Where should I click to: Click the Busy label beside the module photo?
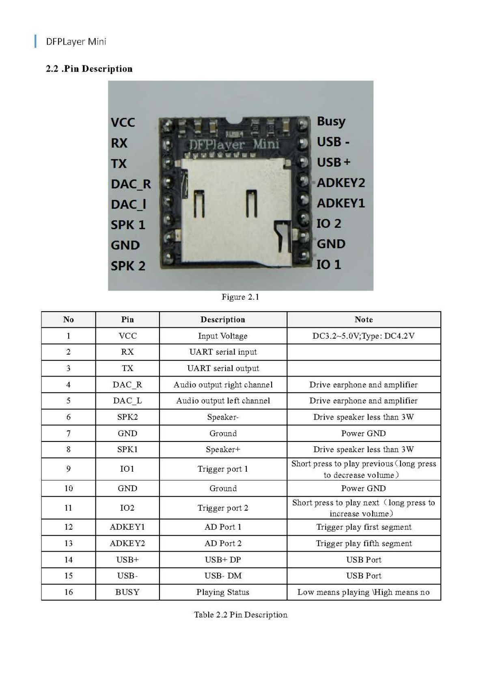click(x=331, y=121)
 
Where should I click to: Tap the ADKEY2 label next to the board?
click(x=341, y=183)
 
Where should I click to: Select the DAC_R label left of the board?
click(x=131, y=184)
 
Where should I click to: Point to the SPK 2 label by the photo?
click(x=128, y=266)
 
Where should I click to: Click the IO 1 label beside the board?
click(x=328, y=264)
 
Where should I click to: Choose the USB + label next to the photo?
click(x=333, y=162)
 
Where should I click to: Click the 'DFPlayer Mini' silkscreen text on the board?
click(x=234, y=145)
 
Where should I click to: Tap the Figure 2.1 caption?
click(x=240, y=297)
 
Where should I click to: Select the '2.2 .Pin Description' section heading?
click(x=89, y=69)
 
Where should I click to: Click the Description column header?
click(x=223, y=320)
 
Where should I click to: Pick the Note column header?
click(x=364, y=320)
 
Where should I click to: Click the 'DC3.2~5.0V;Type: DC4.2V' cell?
click(x=364, y=336)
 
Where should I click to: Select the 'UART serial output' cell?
click(x=223, y=368)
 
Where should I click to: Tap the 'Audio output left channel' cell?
click(x=223, y=401)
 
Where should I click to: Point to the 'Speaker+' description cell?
click(x=223, y=450)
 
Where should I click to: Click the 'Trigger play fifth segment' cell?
click(x=364, y=543)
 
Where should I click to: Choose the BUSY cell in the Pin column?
click(x=127, y=592)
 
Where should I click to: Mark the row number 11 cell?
click(x=68, y=508)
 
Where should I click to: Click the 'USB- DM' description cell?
click(x=223, y=576)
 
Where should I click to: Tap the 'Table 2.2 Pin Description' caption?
click(x=241, y=615)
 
